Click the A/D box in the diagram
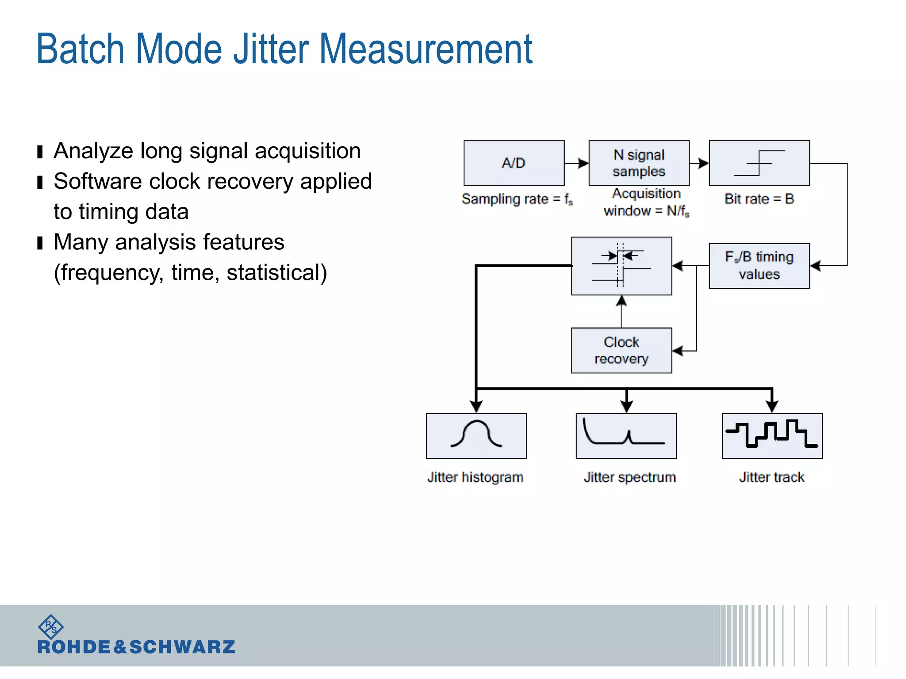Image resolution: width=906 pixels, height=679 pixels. point(514,163)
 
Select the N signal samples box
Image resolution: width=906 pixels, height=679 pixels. point(639,163)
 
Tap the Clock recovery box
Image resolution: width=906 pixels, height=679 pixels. point(621,351)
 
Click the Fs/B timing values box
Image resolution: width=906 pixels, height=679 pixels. point(759,266)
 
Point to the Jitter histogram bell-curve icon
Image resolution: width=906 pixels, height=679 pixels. point(476,435)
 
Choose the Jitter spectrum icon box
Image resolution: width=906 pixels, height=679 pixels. point(626,435)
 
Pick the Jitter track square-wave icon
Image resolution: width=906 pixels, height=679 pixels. point(772,435)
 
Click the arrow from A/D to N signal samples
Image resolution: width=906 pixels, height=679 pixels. point(577,163)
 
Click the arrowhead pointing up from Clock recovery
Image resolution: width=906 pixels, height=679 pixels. point(622,301)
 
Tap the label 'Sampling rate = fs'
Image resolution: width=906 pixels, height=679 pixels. point(517,199)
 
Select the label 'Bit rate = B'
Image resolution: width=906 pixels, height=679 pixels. point(759,199)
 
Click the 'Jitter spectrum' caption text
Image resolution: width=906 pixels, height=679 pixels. point(630,477)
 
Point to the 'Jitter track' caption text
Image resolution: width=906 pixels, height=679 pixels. point(772,477)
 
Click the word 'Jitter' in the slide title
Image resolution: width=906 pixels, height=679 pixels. point(271,50)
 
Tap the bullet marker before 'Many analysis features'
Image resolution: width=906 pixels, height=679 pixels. point(40,243)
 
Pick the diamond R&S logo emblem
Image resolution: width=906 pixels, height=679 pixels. point(51,626)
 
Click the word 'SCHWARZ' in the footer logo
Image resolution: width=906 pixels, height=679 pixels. point(182,647)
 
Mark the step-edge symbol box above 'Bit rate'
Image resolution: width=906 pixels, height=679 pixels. point(759,163)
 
